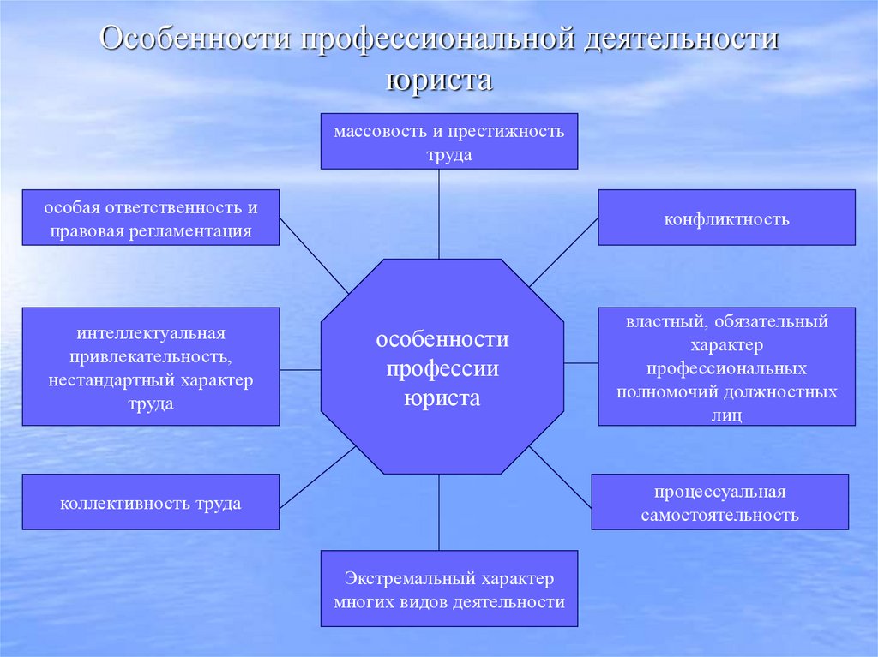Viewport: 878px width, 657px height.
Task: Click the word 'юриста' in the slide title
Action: point(439,81)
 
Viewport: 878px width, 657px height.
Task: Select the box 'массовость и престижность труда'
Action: point(449,141)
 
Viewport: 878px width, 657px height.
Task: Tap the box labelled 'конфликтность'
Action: point(726,218)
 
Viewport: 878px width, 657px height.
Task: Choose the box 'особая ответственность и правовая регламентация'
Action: point(151,218)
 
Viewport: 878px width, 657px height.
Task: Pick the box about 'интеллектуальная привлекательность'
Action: point(151,367)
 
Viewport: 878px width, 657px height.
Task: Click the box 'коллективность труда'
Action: point(151,502)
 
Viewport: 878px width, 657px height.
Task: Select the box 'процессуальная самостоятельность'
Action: point(719,502)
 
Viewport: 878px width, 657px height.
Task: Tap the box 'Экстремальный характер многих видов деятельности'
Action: point(449,590)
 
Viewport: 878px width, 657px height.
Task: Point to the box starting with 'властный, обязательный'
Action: point(726,367)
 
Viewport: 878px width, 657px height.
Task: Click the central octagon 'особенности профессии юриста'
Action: point(442,367)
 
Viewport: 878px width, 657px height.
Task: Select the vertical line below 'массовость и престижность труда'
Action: point(439,213)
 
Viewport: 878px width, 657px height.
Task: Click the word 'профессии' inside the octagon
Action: point(442,369)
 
